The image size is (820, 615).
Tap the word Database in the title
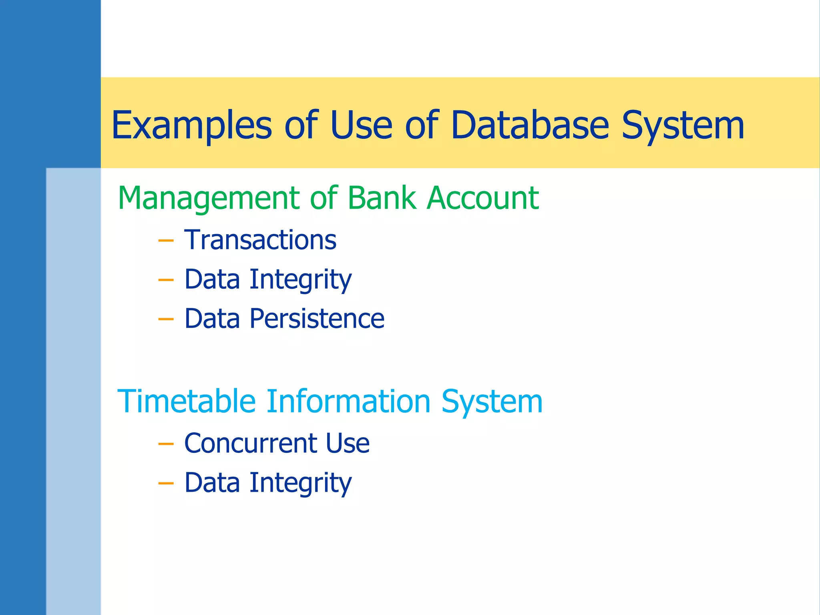[530, 126]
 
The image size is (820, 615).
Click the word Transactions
[260, 240]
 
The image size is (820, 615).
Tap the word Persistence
[317, 319]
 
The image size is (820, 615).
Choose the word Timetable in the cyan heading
[186, 402]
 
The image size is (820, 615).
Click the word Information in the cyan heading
[348, 402]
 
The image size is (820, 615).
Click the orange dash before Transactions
[166, 241]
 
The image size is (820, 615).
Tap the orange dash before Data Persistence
[166, 319]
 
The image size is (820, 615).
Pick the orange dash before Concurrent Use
[166, 444]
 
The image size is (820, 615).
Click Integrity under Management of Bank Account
[301, 280]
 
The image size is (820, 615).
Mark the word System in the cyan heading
[492, 402]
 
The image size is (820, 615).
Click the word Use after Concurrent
[348, 444]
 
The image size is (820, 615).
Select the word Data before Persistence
[212, 319]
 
